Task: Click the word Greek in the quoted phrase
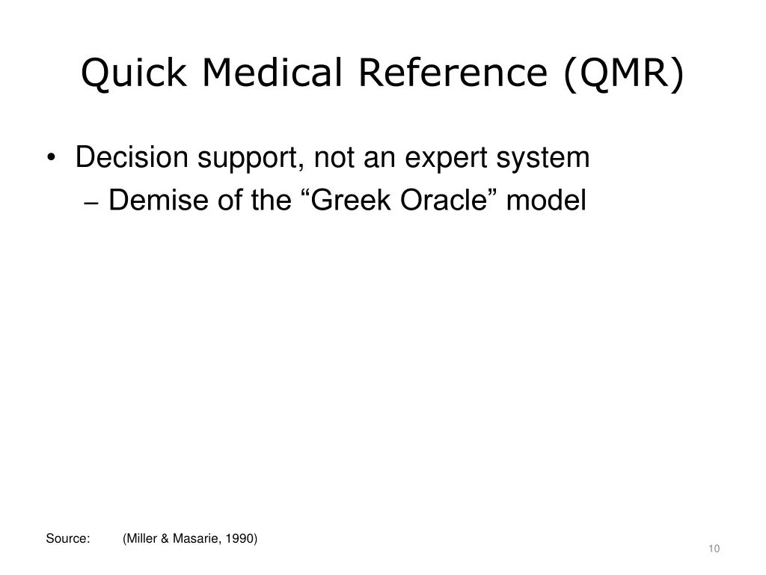click(352, 201)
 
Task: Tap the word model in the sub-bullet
click(546, 201)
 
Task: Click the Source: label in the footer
click(68, 538)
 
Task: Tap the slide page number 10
click(714, 550)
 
